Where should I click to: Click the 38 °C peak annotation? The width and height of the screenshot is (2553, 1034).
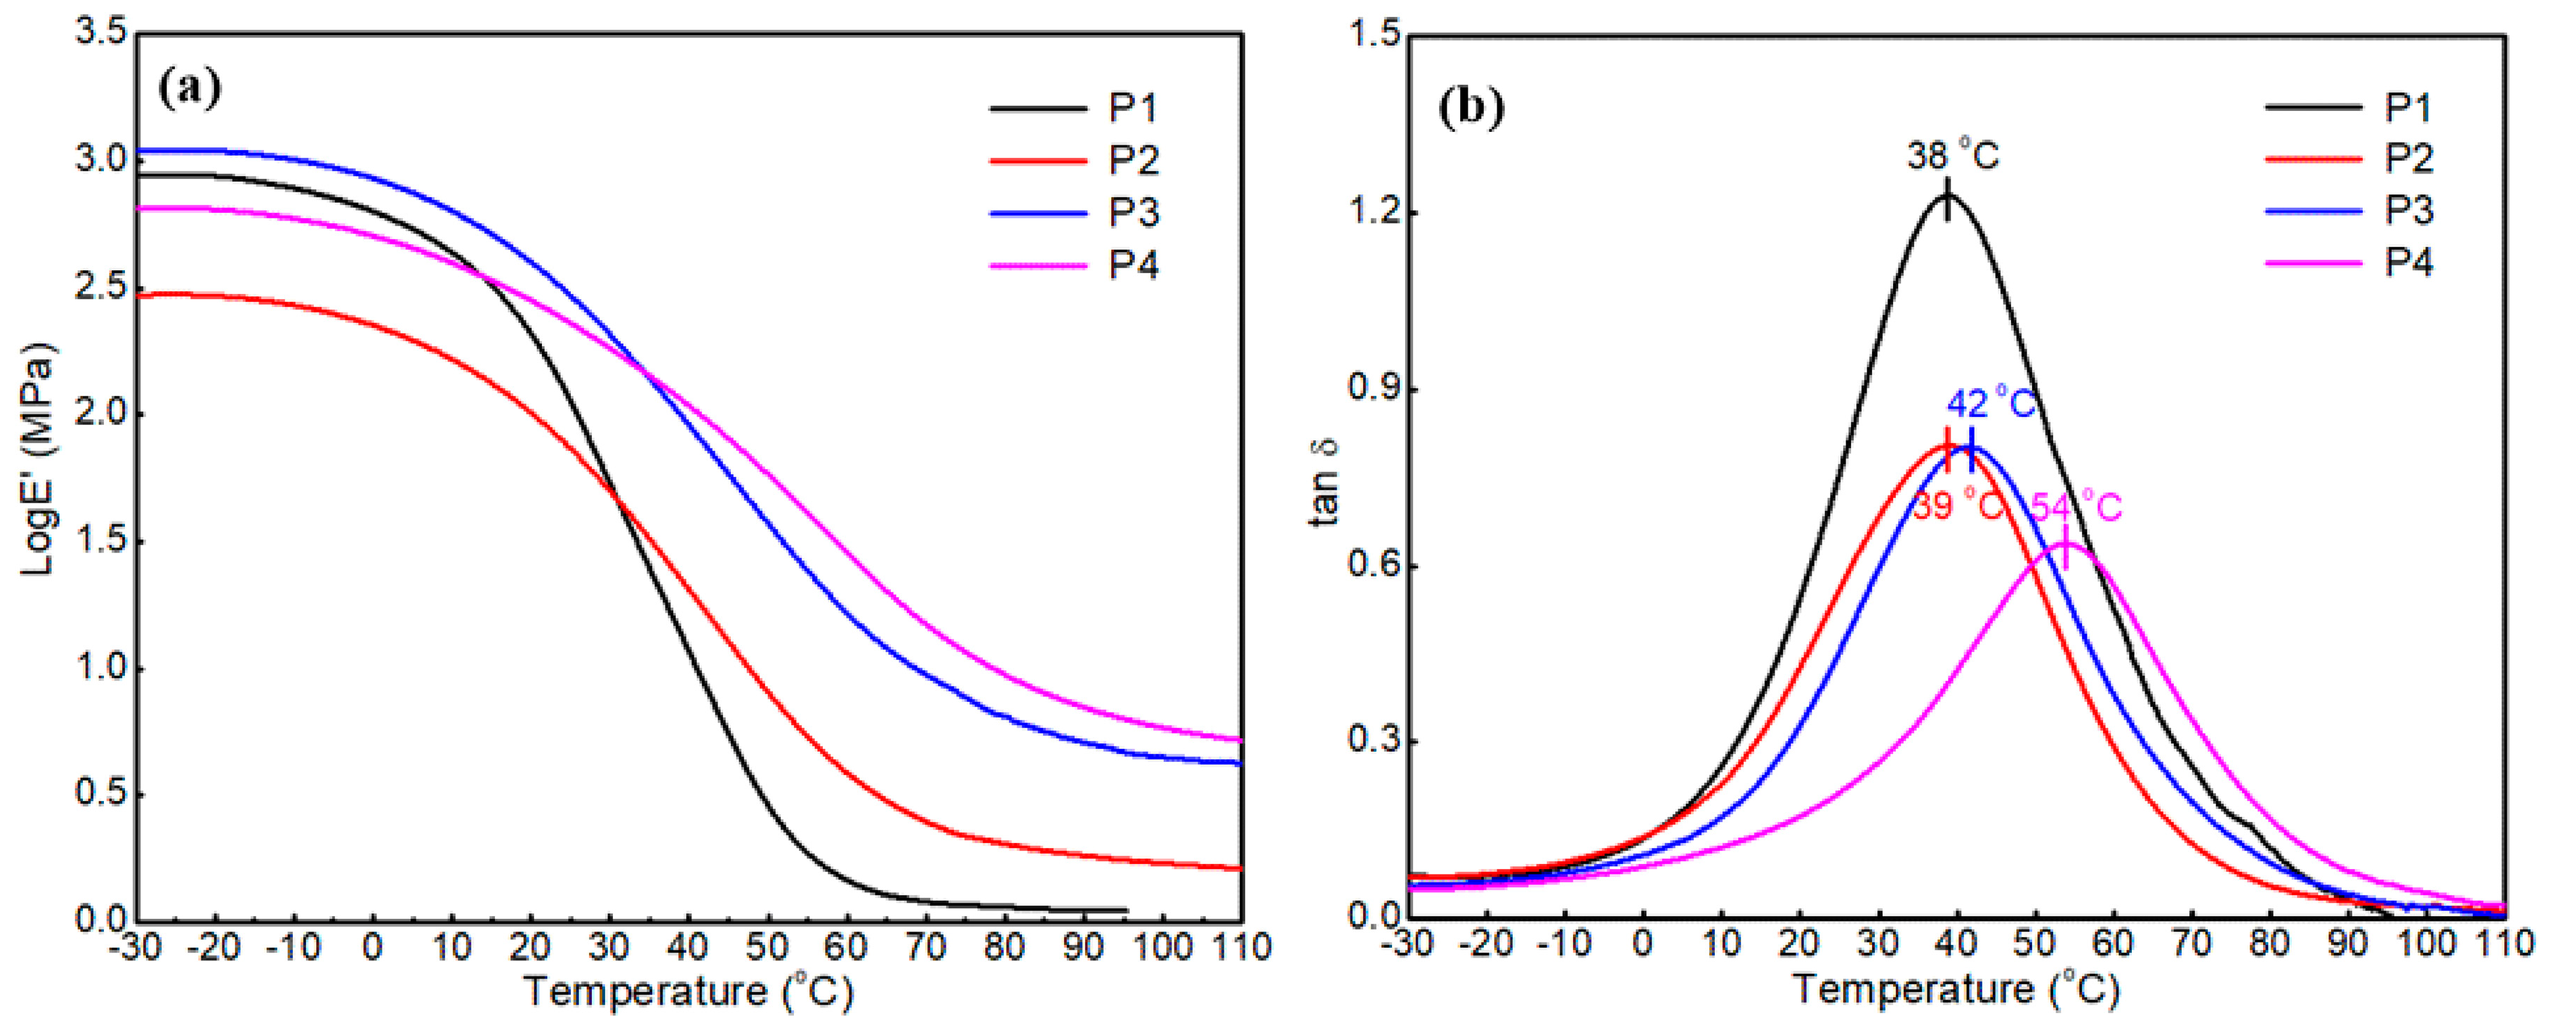coord(1952,156)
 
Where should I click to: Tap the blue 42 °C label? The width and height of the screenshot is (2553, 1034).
coord(1991,404)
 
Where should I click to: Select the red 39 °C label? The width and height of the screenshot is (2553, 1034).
coord(1956,507)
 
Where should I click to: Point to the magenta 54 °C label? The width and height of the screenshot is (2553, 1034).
coord(2076,508)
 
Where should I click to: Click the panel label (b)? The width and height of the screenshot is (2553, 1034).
coord(1471,106)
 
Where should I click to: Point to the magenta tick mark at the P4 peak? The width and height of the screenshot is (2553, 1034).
coord(2064,548)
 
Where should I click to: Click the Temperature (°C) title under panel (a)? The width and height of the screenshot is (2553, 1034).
coord(688,991)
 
